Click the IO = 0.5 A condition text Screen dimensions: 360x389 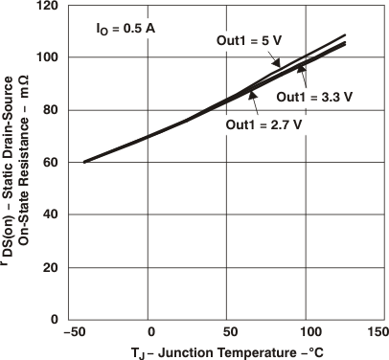pyautogui.click(x=126, y=29)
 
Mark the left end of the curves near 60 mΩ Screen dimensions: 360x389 pyautogui.click(x=85, y=162)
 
